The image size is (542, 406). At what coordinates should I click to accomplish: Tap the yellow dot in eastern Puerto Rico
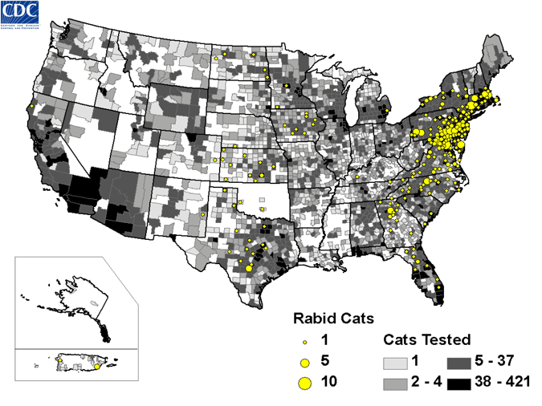tap(97, 366)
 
